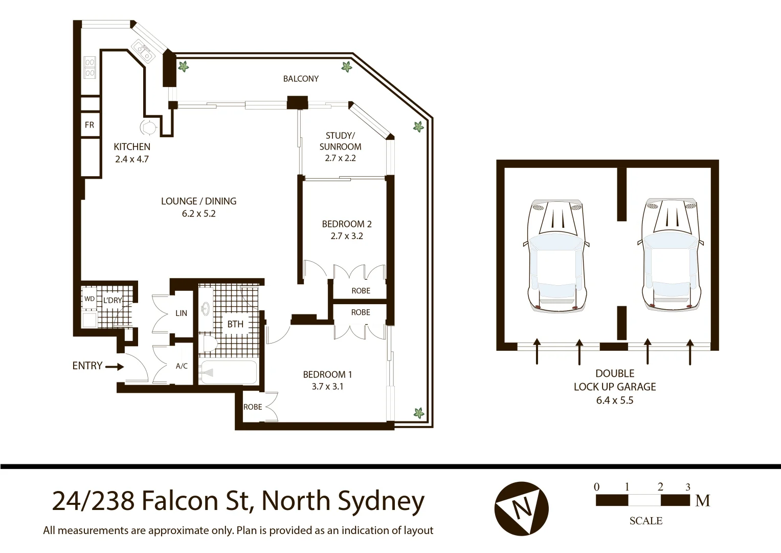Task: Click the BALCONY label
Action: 301,79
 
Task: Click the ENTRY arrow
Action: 115,367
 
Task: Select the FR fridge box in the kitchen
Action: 90,125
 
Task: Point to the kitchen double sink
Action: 143,50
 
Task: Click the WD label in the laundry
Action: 90,299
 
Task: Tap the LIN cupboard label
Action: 181,313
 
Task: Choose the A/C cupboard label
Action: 182,366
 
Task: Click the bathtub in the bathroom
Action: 228,372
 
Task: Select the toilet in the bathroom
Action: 208,345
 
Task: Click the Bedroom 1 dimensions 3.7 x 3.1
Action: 327,387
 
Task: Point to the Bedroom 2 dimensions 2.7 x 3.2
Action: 347,237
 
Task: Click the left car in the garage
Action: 557,254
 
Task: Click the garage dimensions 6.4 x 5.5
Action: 614,400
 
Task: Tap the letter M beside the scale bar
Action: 703,501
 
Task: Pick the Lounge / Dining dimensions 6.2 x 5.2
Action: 198,214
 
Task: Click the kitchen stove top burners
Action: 90,67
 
